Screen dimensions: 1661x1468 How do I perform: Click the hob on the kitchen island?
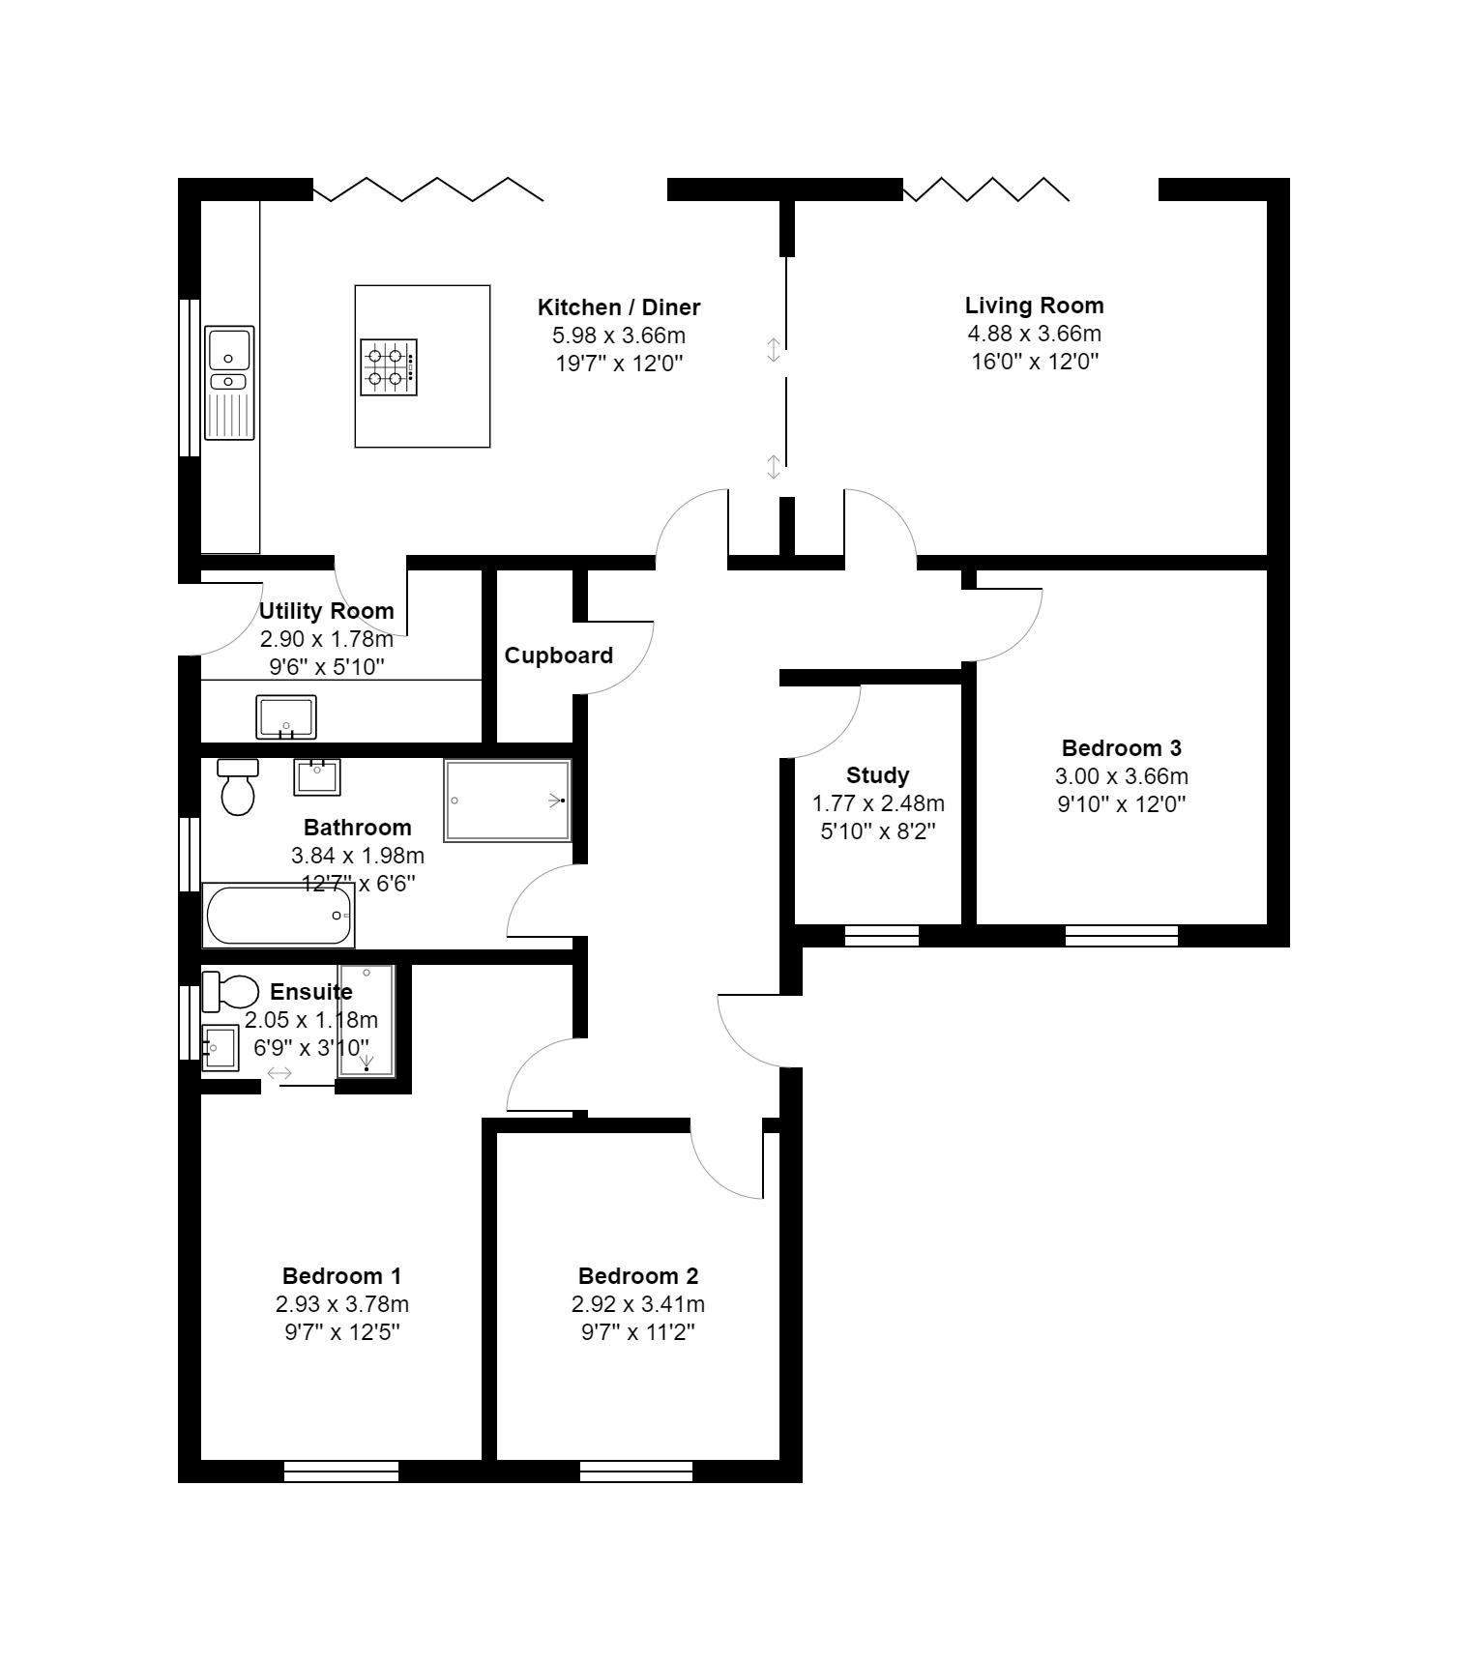tap(389, 367)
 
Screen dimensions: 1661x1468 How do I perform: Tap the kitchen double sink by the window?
tap(229, 382)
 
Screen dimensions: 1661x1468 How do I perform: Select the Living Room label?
tap(1034, 306)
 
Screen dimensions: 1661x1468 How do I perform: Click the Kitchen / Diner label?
tap(618, 307)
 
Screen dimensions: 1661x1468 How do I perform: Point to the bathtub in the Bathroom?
tap(279, 915)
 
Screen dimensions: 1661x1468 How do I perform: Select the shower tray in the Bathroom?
tap(508, 801)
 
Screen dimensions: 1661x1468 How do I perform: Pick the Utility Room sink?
tap(286, 717)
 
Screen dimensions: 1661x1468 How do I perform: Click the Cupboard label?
tap(558, 656)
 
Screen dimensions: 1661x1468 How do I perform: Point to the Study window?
tap(881, 935)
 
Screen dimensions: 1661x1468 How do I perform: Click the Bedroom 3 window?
tap(1122, 935)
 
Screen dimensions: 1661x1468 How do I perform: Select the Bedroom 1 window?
tap(341, 1472)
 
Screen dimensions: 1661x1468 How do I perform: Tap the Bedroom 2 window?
tap(636, 1472)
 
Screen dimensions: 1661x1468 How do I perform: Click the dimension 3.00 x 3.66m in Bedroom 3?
tap(1121, 776)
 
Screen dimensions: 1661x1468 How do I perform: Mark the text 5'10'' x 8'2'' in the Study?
tap(877, 831)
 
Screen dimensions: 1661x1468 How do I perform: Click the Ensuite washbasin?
tap(220, 1048)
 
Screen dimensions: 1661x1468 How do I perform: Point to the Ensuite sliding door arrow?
tap(280, 1073)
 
